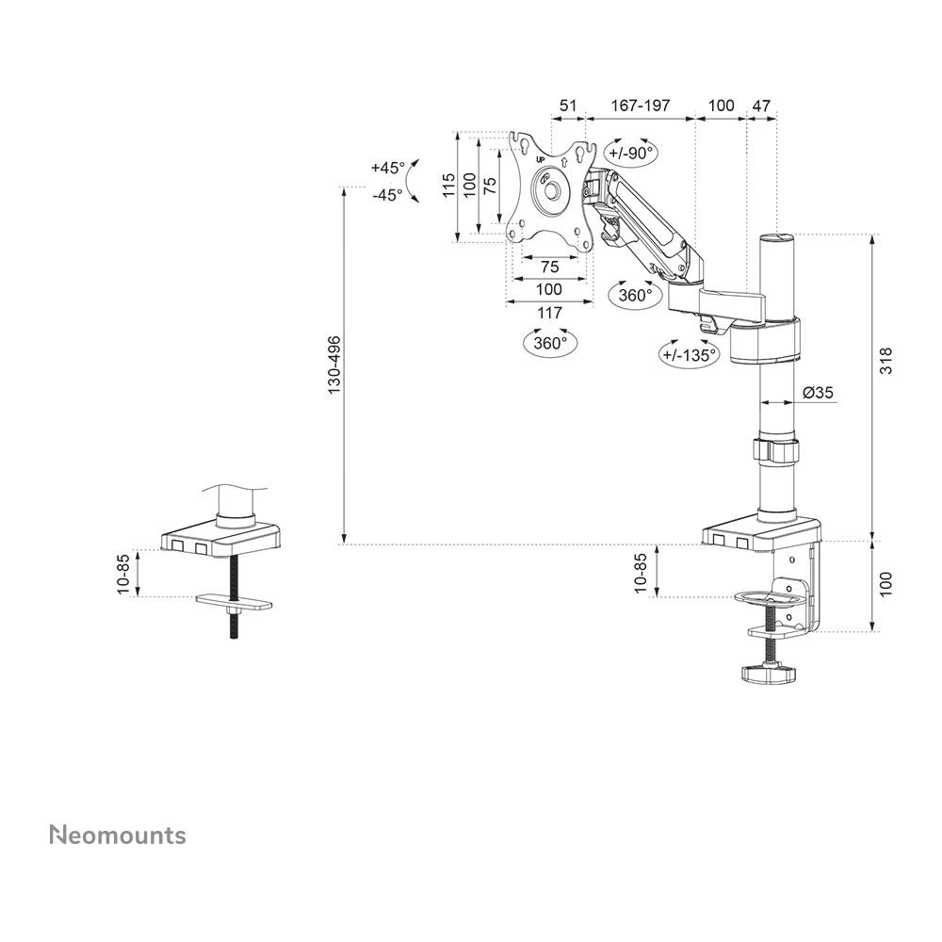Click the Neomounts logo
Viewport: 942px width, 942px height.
118,835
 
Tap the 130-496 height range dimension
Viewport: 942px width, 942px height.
333,365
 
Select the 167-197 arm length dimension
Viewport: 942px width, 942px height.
641,106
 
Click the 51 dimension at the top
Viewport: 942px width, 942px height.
568,106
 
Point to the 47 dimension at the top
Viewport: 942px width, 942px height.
761,106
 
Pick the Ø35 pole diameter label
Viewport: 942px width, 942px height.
818,392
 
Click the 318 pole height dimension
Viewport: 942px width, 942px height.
886,361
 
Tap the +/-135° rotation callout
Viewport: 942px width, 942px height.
690,354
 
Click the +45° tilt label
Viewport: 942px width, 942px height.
388,168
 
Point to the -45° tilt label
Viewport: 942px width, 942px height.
387,195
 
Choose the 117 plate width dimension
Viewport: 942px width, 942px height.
549,313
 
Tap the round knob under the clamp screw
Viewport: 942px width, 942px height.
765,673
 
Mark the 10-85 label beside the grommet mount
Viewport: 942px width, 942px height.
123,574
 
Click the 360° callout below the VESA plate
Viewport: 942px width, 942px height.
551,343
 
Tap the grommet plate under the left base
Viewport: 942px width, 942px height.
235,601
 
